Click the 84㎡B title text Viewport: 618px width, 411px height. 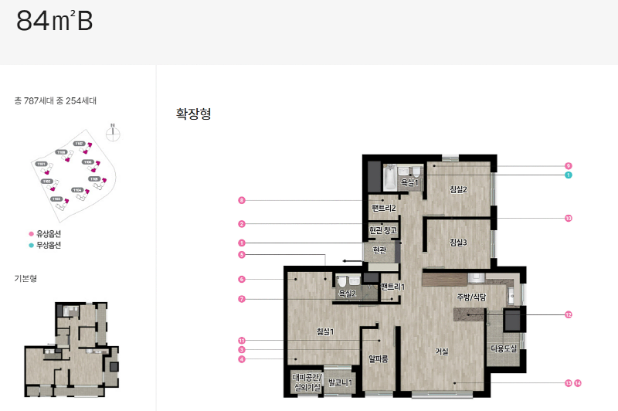tap(55, 22)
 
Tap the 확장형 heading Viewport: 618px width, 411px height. tap(194, 114)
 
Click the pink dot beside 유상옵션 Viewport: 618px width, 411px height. tap(31, 233)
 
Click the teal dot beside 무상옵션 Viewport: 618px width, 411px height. tap(31, 245)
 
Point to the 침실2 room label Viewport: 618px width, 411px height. tap(459, 189)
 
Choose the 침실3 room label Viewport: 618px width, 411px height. tap(459, 242)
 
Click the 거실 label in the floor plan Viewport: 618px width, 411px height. tap(442, 352)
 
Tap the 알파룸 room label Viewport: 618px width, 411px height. tap(377, 358)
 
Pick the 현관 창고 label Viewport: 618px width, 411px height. tap(383, 230)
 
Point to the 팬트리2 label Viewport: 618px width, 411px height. tap(383, 208)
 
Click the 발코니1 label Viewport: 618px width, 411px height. tap(340, 382)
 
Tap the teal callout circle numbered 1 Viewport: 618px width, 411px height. tap(568, 175)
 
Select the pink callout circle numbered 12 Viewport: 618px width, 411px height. tap(568, 314)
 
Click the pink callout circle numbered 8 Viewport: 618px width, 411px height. tap(242, 201)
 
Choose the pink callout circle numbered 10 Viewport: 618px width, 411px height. tap(568, 219)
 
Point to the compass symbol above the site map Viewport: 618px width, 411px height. tap(113, 131)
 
